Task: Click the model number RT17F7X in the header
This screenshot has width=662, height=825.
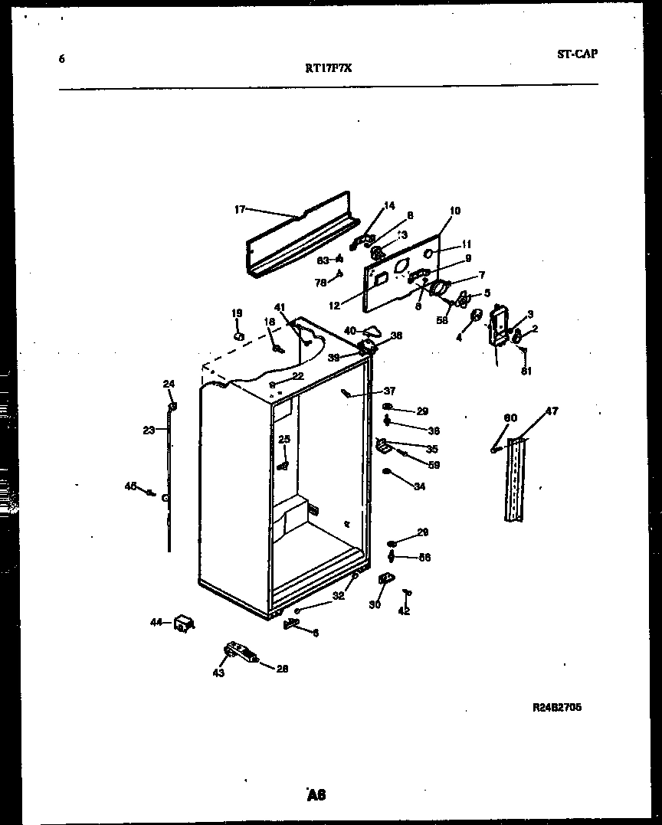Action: (x=329, y=67)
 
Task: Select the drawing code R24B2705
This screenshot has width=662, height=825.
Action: (x=557, y=707)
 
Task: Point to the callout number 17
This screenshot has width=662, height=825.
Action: (x=239, y=208)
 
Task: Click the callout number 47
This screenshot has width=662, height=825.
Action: (x=552, y=411)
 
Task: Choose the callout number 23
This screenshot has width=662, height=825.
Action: (x=149, y=430)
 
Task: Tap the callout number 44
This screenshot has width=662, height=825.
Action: (x=156, y=623)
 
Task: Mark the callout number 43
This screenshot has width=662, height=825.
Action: (x=219, y=673)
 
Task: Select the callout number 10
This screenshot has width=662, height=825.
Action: (x=455, y=211)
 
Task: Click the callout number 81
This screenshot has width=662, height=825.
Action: (x=525, y=372)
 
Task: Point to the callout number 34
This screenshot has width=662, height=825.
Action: (x=419, y=486)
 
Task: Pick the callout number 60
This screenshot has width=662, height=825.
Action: (x=510, y=417)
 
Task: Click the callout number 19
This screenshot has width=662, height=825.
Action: (x=237, y=313)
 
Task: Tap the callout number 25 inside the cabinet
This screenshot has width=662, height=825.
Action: (x=284, y=439)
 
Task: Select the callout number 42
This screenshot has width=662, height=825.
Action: (x=405, y=611)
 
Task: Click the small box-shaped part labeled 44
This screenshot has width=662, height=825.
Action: (x=183, y=624)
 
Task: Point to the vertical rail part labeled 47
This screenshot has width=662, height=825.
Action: (x=517, y=480)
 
